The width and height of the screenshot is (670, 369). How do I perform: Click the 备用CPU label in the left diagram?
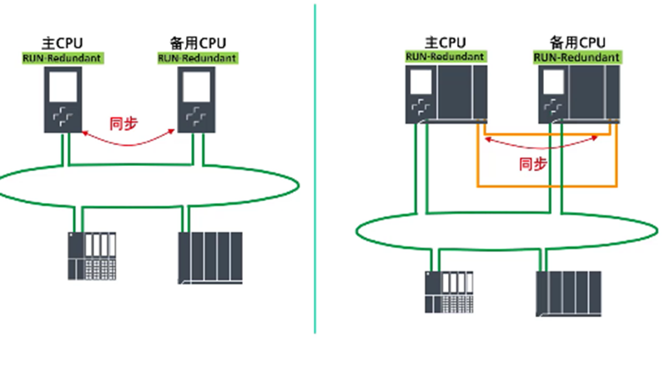197,43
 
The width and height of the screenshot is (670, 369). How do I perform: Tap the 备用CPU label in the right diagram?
577,41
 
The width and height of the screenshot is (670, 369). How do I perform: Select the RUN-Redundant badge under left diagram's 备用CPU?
197,58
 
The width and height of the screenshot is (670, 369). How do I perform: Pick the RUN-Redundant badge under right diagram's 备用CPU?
577,57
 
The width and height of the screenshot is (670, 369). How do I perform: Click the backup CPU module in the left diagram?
197,100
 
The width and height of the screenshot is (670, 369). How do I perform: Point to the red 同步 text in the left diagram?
123,124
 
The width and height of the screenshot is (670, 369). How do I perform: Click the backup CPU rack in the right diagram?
577,94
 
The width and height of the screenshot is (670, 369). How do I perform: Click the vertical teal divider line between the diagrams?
316,184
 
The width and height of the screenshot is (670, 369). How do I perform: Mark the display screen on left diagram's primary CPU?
61,85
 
